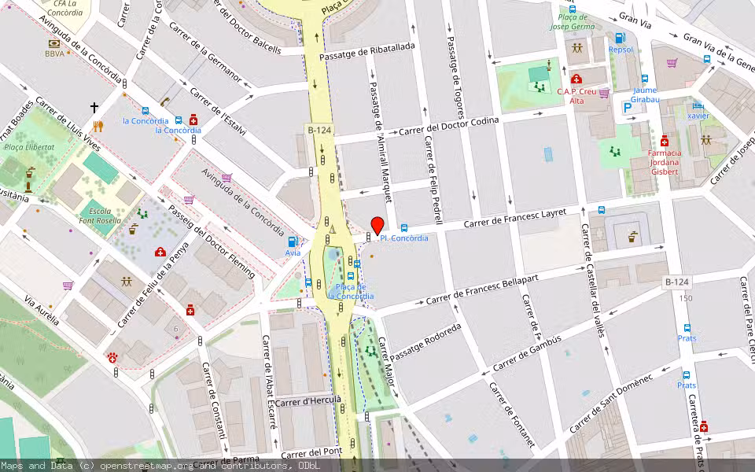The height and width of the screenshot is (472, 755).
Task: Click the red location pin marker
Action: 377,226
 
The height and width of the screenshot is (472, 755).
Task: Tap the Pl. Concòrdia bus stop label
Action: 404,238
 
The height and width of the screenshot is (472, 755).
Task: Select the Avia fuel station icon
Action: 293,242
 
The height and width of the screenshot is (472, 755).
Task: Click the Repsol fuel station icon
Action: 620,38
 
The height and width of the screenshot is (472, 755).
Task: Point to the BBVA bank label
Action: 54,53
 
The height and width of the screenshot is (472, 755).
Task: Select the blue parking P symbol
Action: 627,108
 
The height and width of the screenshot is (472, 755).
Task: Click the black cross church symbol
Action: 94,107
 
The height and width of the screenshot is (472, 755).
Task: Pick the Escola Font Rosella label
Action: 99,217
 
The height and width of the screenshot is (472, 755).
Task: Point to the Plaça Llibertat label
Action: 29,147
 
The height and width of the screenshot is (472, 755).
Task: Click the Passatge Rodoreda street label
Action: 425,342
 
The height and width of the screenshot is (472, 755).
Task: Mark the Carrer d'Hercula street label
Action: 308,401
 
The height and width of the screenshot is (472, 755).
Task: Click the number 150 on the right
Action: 686,298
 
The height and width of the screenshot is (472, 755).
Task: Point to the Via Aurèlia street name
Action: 41,313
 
